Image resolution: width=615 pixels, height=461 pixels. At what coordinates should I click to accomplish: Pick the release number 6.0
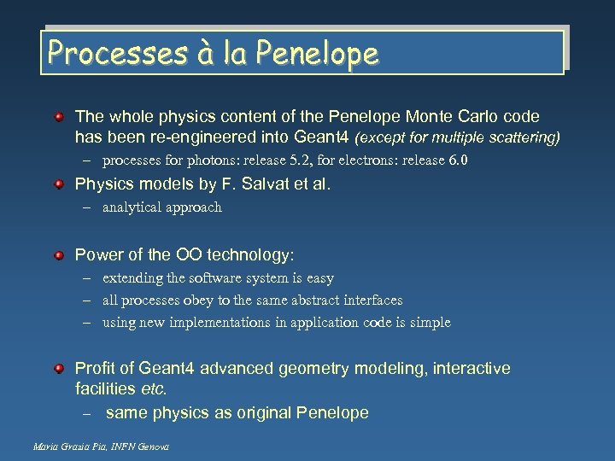tap(459, 160)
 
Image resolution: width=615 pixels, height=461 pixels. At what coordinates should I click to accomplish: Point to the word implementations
tap(224, 323)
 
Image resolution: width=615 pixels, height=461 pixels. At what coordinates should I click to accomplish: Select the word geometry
tap(324, 369)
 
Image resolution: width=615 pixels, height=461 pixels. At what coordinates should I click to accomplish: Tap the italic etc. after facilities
tap(154, 388)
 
